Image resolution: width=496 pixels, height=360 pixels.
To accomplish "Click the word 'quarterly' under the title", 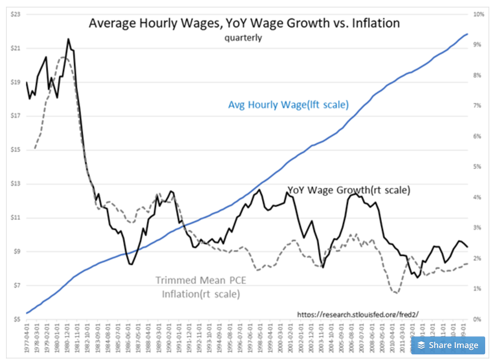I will pyautogui.click(x=243, y=38).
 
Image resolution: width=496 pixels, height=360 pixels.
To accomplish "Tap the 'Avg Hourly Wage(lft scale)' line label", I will pyautogui.click(x=288, y=105).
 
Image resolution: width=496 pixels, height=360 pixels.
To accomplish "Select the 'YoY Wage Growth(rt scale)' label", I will pyautogui.click(x=349, y=190).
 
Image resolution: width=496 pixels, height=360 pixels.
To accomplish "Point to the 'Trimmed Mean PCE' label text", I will pyautogui.click(x=201, y=280).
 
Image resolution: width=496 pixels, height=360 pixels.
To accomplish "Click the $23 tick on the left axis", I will pyautogui.click(x=15, y=14).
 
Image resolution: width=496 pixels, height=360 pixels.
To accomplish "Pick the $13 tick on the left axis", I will pyautogui.click(x=15, y=183).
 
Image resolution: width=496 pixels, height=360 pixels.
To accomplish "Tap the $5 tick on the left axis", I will pyautogui.click(x=16, y=319).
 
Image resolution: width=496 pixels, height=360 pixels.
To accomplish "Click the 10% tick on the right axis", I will pyautogui.click(x=478, y=14).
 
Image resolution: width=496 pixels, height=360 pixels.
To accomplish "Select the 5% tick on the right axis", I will pyautogui.click(x=477, y=167).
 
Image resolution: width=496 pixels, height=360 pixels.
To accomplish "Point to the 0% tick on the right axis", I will pyautogui.click(x=477, y=319).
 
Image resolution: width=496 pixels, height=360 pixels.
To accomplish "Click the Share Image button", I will pyautogui.click(x=448, y=345).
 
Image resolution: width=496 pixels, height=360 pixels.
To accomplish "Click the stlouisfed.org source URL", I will pyautogui.click(x=358, y=314).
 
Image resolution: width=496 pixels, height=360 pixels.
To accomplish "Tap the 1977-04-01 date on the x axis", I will pyautogui.click(x=27, y=338).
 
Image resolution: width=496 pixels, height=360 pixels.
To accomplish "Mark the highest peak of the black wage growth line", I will pyautogui.click(x=68, y=38).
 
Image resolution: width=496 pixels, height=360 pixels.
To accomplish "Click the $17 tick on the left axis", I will pyautogui.click(x=15, y=116).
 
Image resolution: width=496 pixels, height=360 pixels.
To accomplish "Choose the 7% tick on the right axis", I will pyautogui.click(x=477, y=106).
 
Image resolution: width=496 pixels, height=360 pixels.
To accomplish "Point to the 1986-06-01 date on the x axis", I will pyautogui.click(x=128, y=338).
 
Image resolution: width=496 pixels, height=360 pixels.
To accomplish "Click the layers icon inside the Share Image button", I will pyautogui.click(x=421, y=345).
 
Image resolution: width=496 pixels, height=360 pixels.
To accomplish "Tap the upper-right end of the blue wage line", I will pyautogui.click(x=467, y=34).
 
